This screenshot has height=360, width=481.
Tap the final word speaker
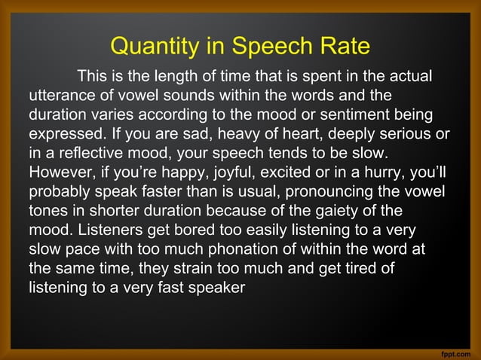click(216, 286)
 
